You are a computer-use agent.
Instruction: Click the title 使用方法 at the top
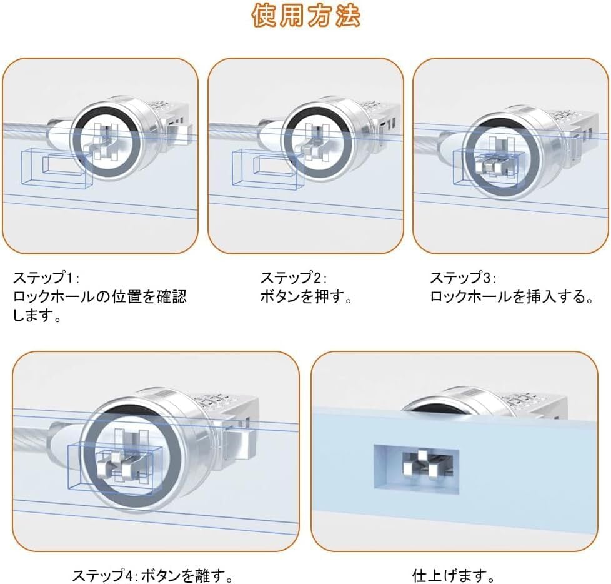305,17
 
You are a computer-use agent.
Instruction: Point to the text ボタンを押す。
306,296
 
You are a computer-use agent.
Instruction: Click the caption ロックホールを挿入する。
512,296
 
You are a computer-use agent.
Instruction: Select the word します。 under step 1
37,316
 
